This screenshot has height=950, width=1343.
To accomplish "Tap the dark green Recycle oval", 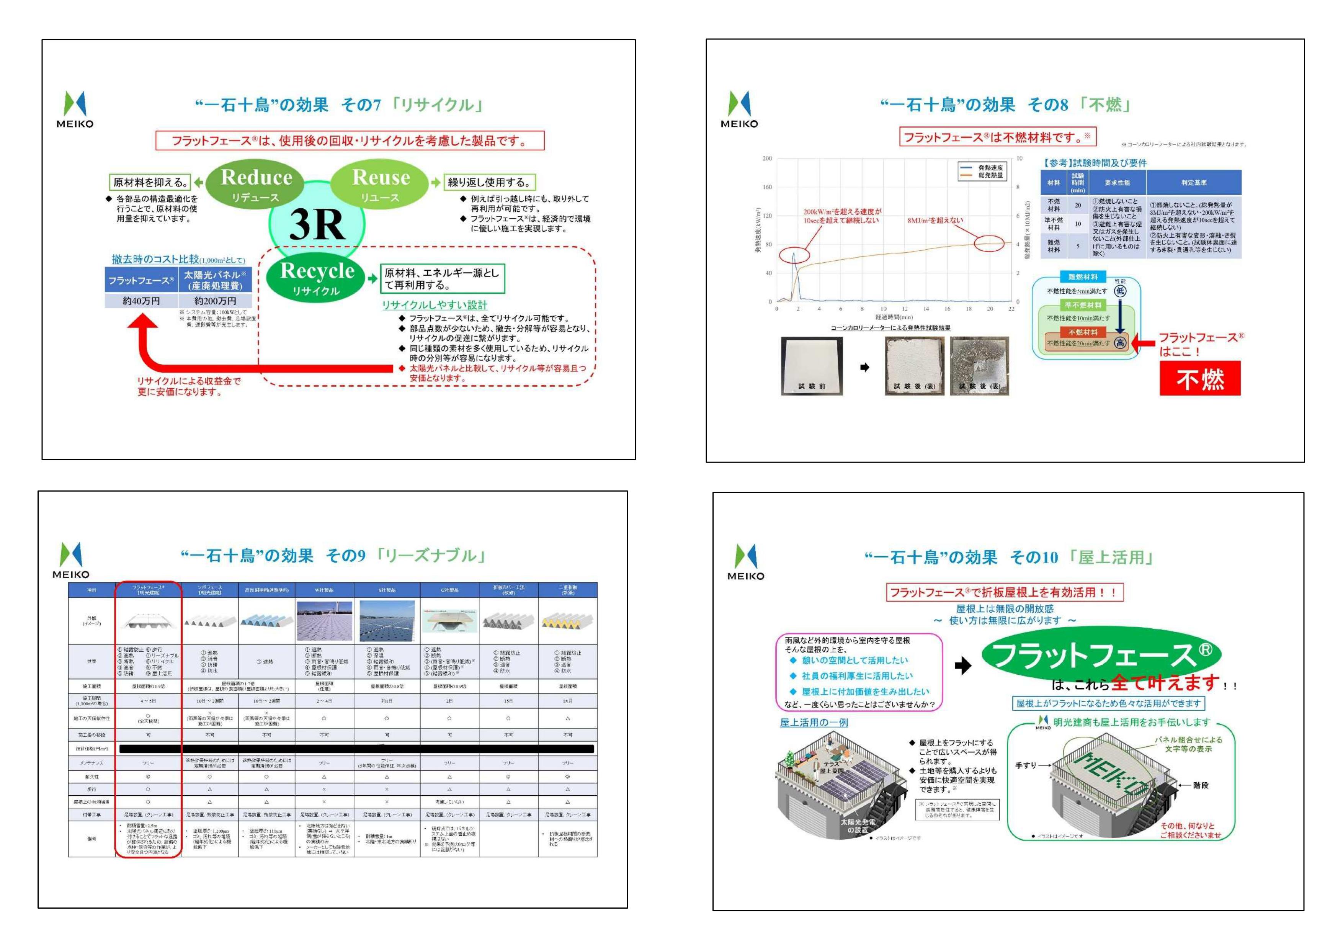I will (x=317, y=277).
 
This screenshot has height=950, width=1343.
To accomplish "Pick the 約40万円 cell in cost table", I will (x=141, y=301).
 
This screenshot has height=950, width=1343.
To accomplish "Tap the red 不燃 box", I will (x=1200, y=379).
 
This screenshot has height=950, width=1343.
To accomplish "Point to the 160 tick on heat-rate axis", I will (x=767, y=187).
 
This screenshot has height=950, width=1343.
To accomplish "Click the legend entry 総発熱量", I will (x=990, y=175).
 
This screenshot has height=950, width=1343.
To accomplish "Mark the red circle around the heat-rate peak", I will (x=794, y=255).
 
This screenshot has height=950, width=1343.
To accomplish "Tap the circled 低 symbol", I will (x=1119, y=291).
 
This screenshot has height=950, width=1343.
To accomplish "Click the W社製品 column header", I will (x=324, y=590).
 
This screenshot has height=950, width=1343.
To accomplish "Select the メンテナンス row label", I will (x=92, y=763).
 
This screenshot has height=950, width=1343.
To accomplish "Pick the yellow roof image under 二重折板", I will (x=567, y=621).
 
